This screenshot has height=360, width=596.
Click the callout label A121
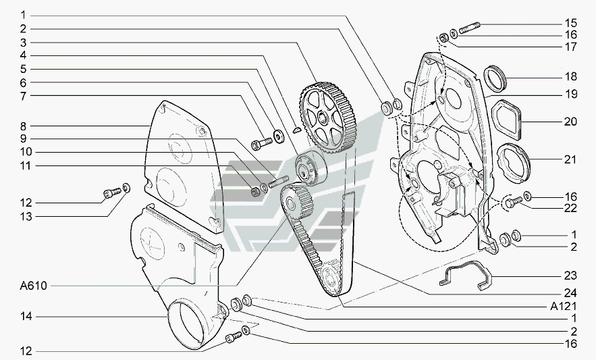click(x=564, y=305)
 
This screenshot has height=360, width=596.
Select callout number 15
click(x=571, y=22)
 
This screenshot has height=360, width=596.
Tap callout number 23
click(x=571, y=276)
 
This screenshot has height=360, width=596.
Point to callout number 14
click(x=26, y=315)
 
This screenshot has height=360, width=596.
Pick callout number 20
click(x=571, y=122)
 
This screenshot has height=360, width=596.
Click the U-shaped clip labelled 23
click(x=466, y=276)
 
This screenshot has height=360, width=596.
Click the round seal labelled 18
click(x=498, y=76)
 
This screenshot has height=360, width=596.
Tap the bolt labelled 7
click(x=260, y=143)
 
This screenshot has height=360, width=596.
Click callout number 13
click(x=26, y=217)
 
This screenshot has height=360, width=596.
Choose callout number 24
click(x=571, y=292)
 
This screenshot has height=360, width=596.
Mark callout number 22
click(x=571, y=209)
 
